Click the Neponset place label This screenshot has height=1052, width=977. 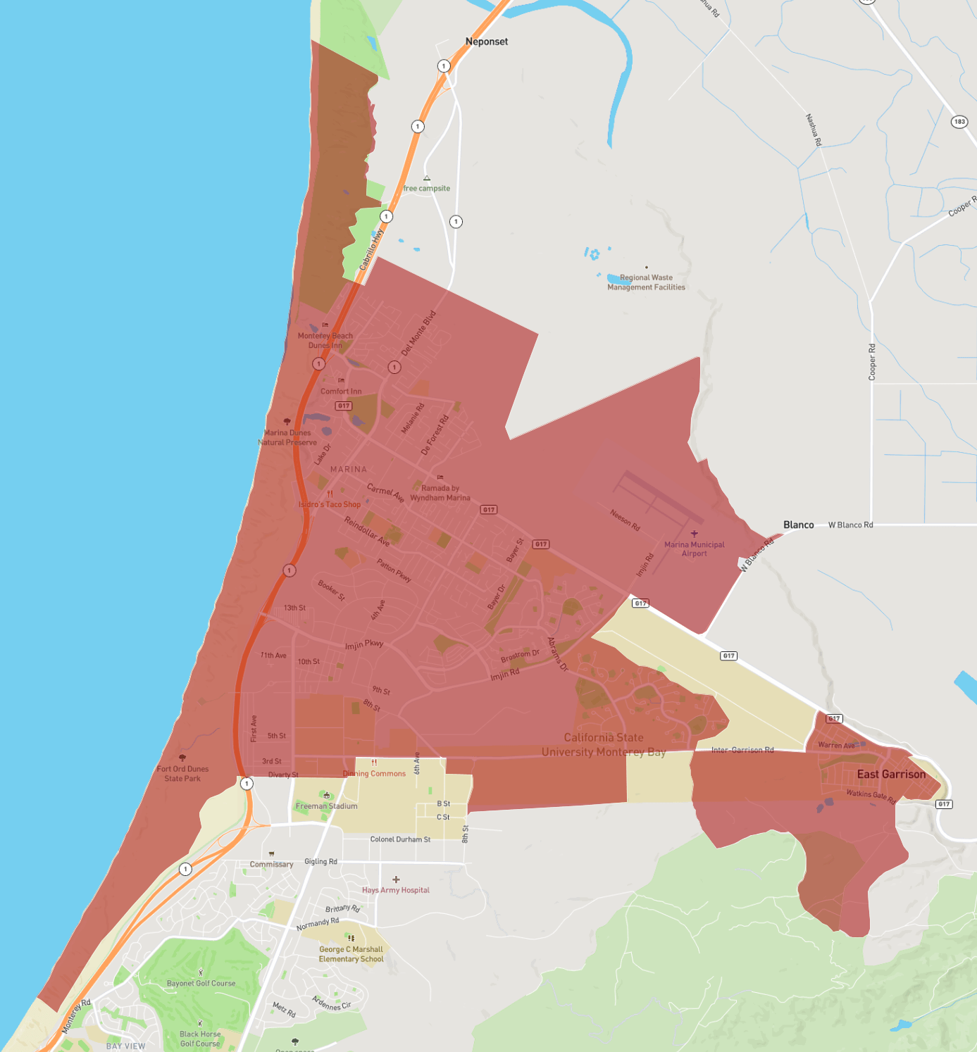tap(486, 42)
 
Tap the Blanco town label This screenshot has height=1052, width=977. tap(798, 525)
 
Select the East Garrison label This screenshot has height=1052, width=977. tap(891, 774)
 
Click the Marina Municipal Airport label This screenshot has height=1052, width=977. tap(694, 549)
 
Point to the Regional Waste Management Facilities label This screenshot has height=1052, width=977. tap(646, 282)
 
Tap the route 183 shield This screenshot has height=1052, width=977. tap(959, 122)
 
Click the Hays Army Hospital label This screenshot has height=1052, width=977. tap(396, 890)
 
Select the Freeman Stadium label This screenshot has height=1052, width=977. tap(326, 806)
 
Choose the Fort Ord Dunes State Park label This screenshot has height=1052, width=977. tap(182, 773)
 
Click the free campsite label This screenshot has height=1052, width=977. tap(427, 188)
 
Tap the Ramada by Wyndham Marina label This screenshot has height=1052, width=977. tap(440, 493)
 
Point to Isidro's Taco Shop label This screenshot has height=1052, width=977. tap(330, 504)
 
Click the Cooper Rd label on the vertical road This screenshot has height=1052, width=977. tap(872, 362)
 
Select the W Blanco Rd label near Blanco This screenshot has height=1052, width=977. tap(850, 525)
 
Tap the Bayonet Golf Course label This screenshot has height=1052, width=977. tap(201, 983)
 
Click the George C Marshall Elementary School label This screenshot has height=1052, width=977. tap(351, 954)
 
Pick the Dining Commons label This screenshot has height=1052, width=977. tap(374, 773)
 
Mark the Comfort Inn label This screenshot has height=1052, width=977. tap(341, 391)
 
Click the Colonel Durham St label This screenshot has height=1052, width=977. tap(400, 839)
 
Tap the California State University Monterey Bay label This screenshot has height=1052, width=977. tap(604, 744)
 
